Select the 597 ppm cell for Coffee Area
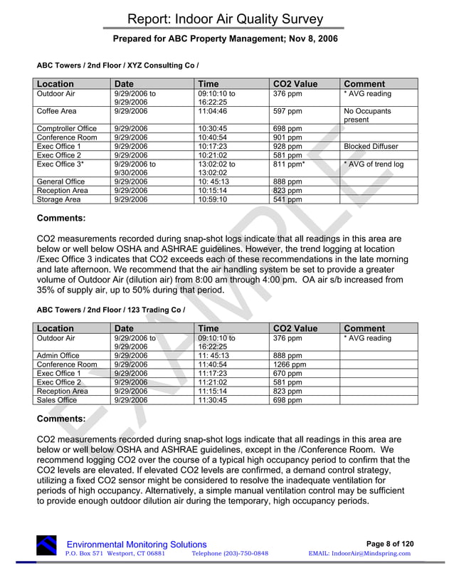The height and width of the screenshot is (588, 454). pyautogui.click(x=287, y=112)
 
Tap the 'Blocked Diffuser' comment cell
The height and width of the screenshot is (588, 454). pyautogui.click(x=371, y=147)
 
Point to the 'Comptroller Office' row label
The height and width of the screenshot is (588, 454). pyautogui.click(x=66, y=129)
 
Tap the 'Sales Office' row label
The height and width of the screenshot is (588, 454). pyautogui.click(x=57, y=400)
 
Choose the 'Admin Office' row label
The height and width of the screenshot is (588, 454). pyautogui.click(x=58, y=356)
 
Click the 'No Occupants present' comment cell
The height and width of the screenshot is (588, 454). pyautogui.click(x=367, y=116)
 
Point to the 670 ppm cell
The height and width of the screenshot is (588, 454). pyautogui.click(x=287, y=374)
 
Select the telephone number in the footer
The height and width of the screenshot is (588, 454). pyautogui.click(x=230, y=554)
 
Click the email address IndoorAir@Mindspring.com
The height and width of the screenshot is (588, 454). pyautogui.click(x=361, y=554)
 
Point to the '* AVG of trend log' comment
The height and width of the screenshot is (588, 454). pyautogui.click(x=374, y=164)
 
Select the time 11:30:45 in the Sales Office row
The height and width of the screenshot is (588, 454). pyautogui.click(x=216, y=400)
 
